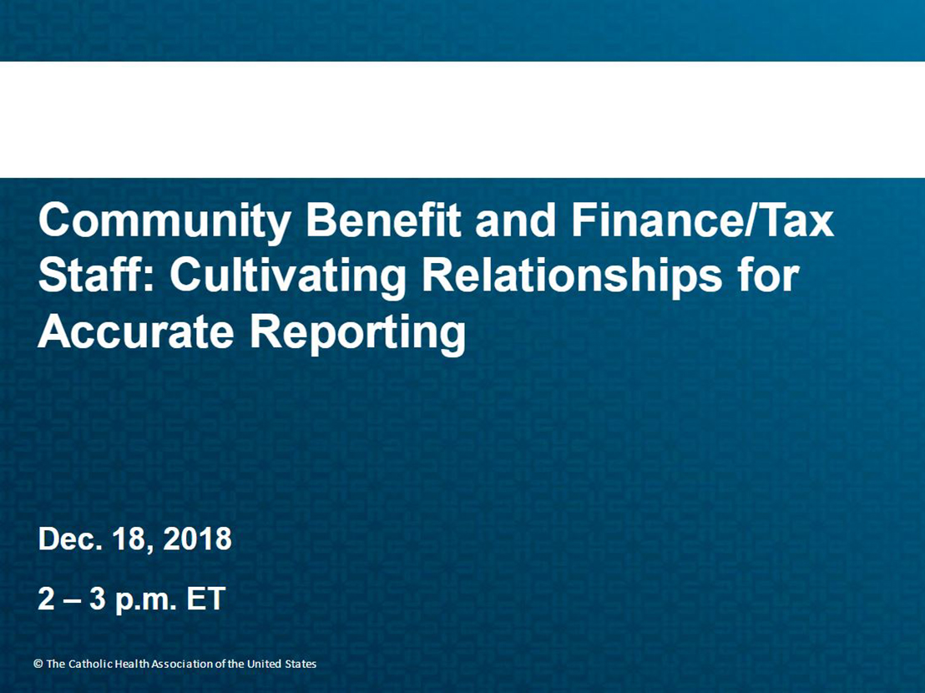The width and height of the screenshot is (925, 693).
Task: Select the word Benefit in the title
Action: tap(383, 220)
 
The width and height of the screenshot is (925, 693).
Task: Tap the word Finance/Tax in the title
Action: tap(702, 220)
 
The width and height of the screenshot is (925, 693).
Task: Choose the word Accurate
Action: tap(136, 331)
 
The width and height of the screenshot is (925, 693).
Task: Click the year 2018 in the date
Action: tap(198, 539)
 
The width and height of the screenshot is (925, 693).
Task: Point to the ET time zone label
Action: tap(206, 599)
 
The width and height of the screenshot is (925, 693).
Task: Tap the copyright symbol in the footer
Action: tap(38, 664)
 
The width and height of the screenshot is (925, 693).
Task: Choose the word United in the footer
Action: tap(265, 664)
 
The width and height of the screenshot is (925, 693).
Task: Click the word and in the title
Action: tap(515, 220)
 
